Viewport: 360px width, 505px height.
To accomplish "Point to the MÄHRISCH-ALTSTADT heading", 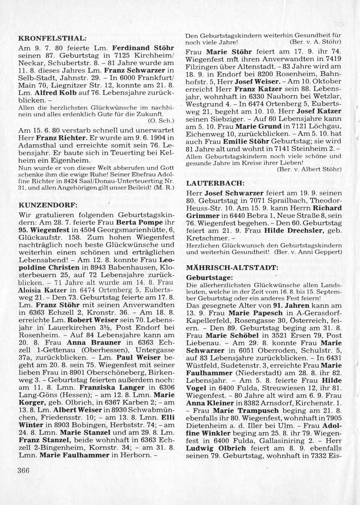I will [x=232, y=268].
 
